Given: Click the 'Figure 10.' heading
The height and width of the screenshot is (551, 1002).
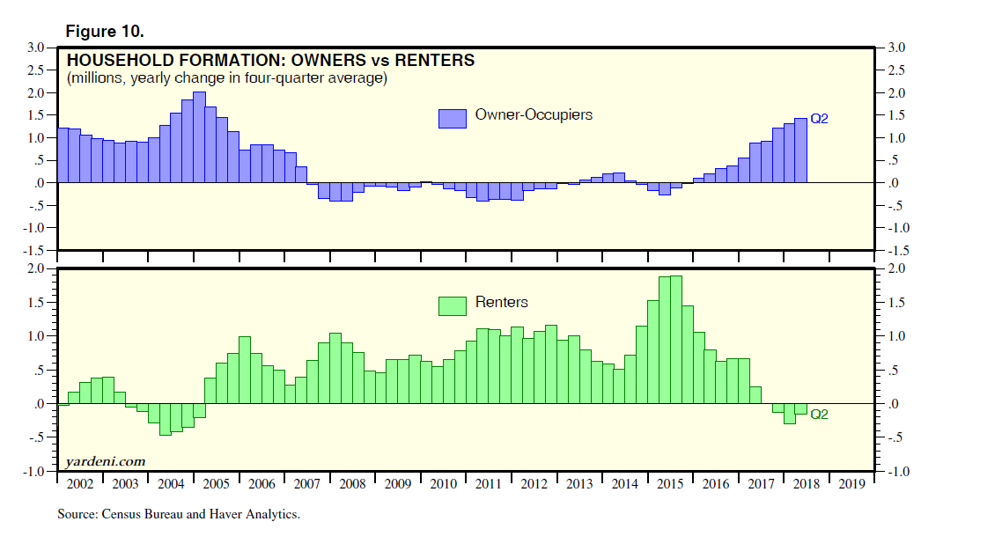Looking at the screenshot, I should click(x=105, y=31).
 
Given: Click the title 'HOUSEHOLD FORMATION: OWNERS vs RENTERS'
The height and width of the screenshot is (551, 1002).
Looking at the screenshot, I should click(x=270, y=61).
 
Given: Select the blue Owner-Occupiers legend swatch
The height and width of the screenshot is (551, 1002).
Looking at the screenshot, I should click(x=452, y=118).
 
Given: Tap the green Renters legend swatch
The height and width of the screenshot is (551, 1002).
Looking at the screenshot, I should click(x=452, y=305).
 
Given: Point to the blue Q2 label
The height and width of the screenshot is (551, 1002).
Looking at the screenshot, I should click(x=819, y=119).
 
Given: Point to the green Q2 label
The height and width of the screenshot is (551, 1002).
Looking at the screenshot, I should click(x=819, y=414).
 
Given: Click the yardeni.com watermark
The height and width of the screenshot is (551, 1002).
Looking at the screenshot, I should click(x=106, y=461).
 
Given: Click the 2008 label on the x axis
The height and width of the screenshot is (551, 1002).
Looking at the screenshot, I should click(x=351, y=484).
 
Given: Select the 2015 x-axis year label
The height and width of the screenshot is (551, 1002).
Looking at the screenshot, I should click(x=671, y=484).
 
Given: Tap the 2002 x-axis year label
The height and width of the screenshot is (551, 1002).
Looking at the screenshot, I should click(x=79, y=484).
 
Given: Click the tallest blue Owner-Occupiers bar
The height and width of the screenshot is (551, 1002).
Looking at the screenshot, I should click(x=199, y=137).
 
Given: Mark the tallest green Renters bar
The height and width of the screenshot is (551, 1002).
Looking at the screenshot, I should click(x=676, y=340).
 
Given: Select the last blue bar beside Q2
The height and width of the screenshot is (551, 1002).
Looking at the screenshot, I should click(x=800, y=151).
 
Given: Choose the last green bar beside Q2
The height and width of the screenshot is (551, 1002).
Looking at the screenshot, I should click(x=800, y=408).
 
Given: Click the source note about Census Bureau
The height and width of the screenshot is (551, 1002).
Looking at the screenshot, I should click(x=179, y=514).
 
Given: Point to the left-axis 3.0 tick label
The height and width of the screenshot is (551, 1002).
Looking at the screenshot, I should click(x=36, y=48).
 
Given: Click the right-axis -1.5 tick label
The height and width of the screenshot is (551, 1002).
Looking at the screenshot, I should click(x=895, y=251).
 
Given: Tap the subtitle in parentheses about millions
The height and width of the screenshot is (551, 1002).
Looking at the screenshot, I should click(x=226, y=78).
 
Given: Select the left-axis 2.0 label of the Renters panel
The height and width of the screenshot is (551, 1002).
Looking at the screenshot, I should click(x=36, y=268).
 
